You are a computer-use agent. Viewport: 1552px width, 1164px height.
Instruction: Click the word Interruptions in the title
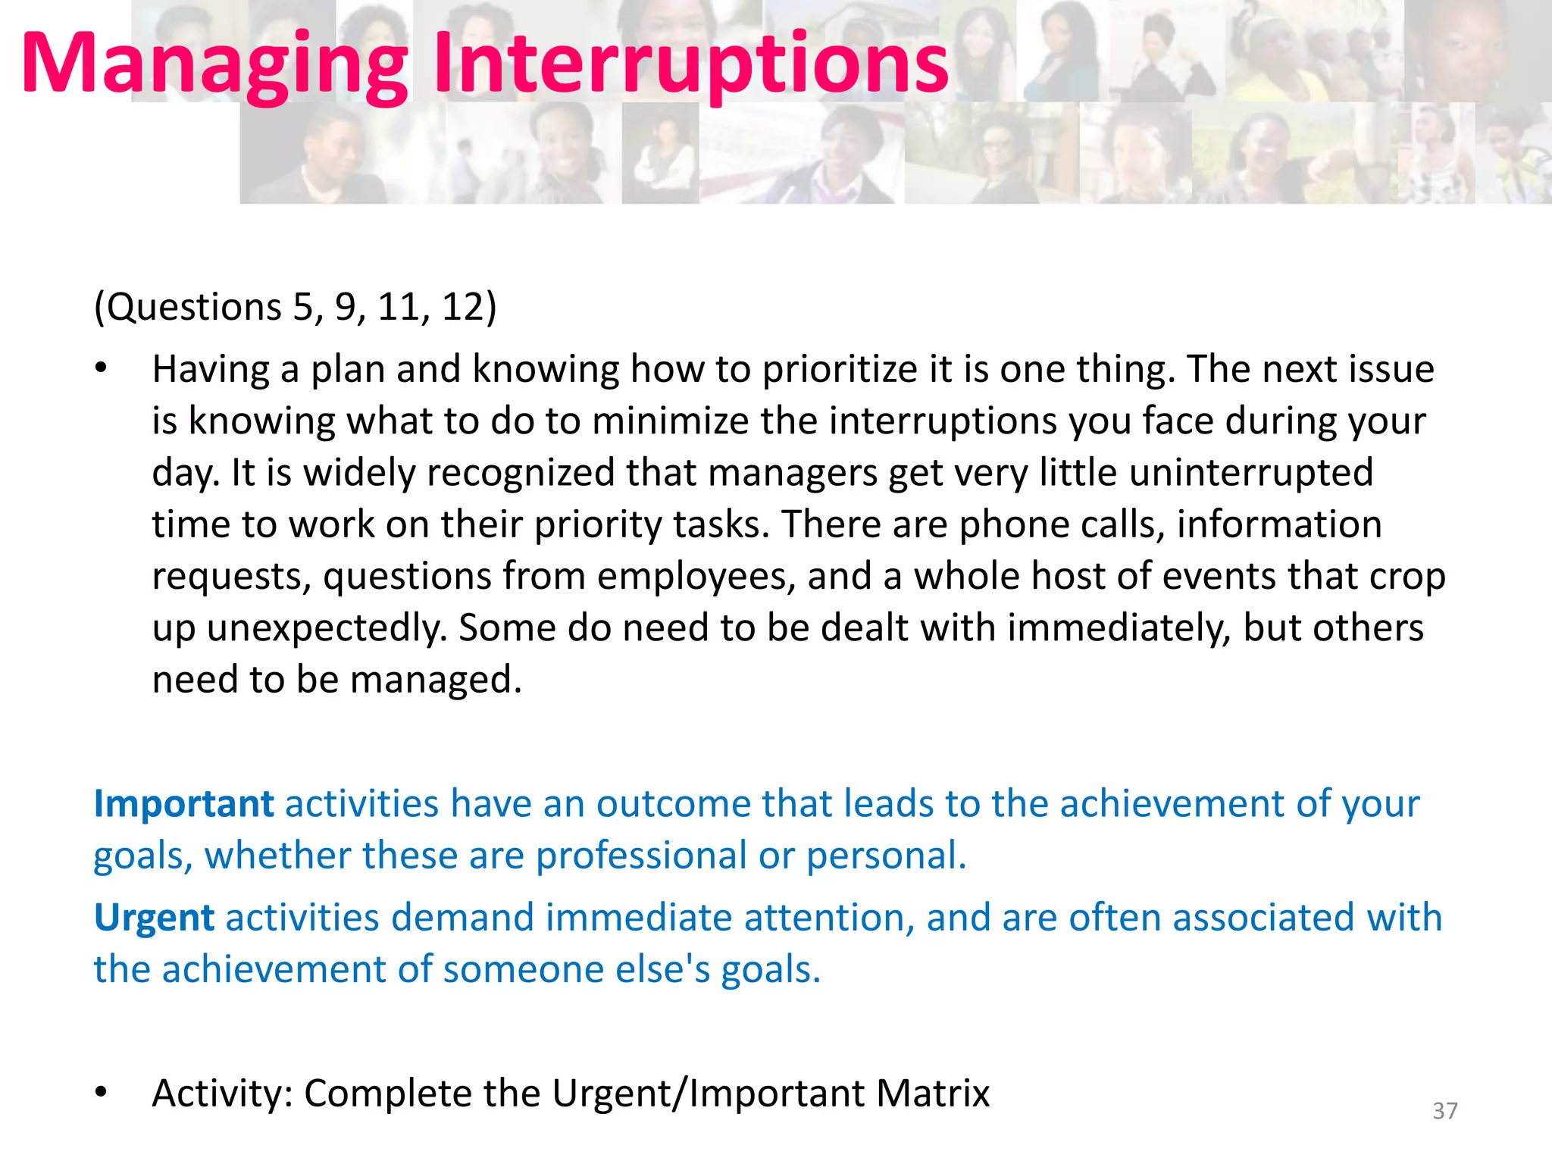[690, 64]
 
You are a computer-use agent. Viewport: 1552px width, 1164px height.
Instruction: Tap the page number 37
[1444, 1110]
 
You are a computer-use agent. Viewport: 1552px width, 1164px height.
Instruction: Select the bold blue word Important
[183, 803]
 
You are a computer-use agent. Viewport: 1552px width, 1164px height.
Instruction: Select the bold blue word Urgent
[154, 918]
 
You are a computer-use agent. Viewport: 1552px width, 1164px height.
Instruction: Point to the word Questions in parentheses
[192, 307]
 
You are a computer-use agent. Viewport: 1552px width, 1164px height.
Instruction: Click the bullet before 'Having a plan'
[102, 369]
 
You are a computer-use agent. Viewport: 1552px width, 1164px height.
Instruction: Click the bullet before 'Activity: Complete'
[102, 1093]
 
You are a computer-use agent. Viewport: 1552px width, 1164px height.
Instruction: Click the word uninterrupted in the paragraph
[1250, 472]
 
